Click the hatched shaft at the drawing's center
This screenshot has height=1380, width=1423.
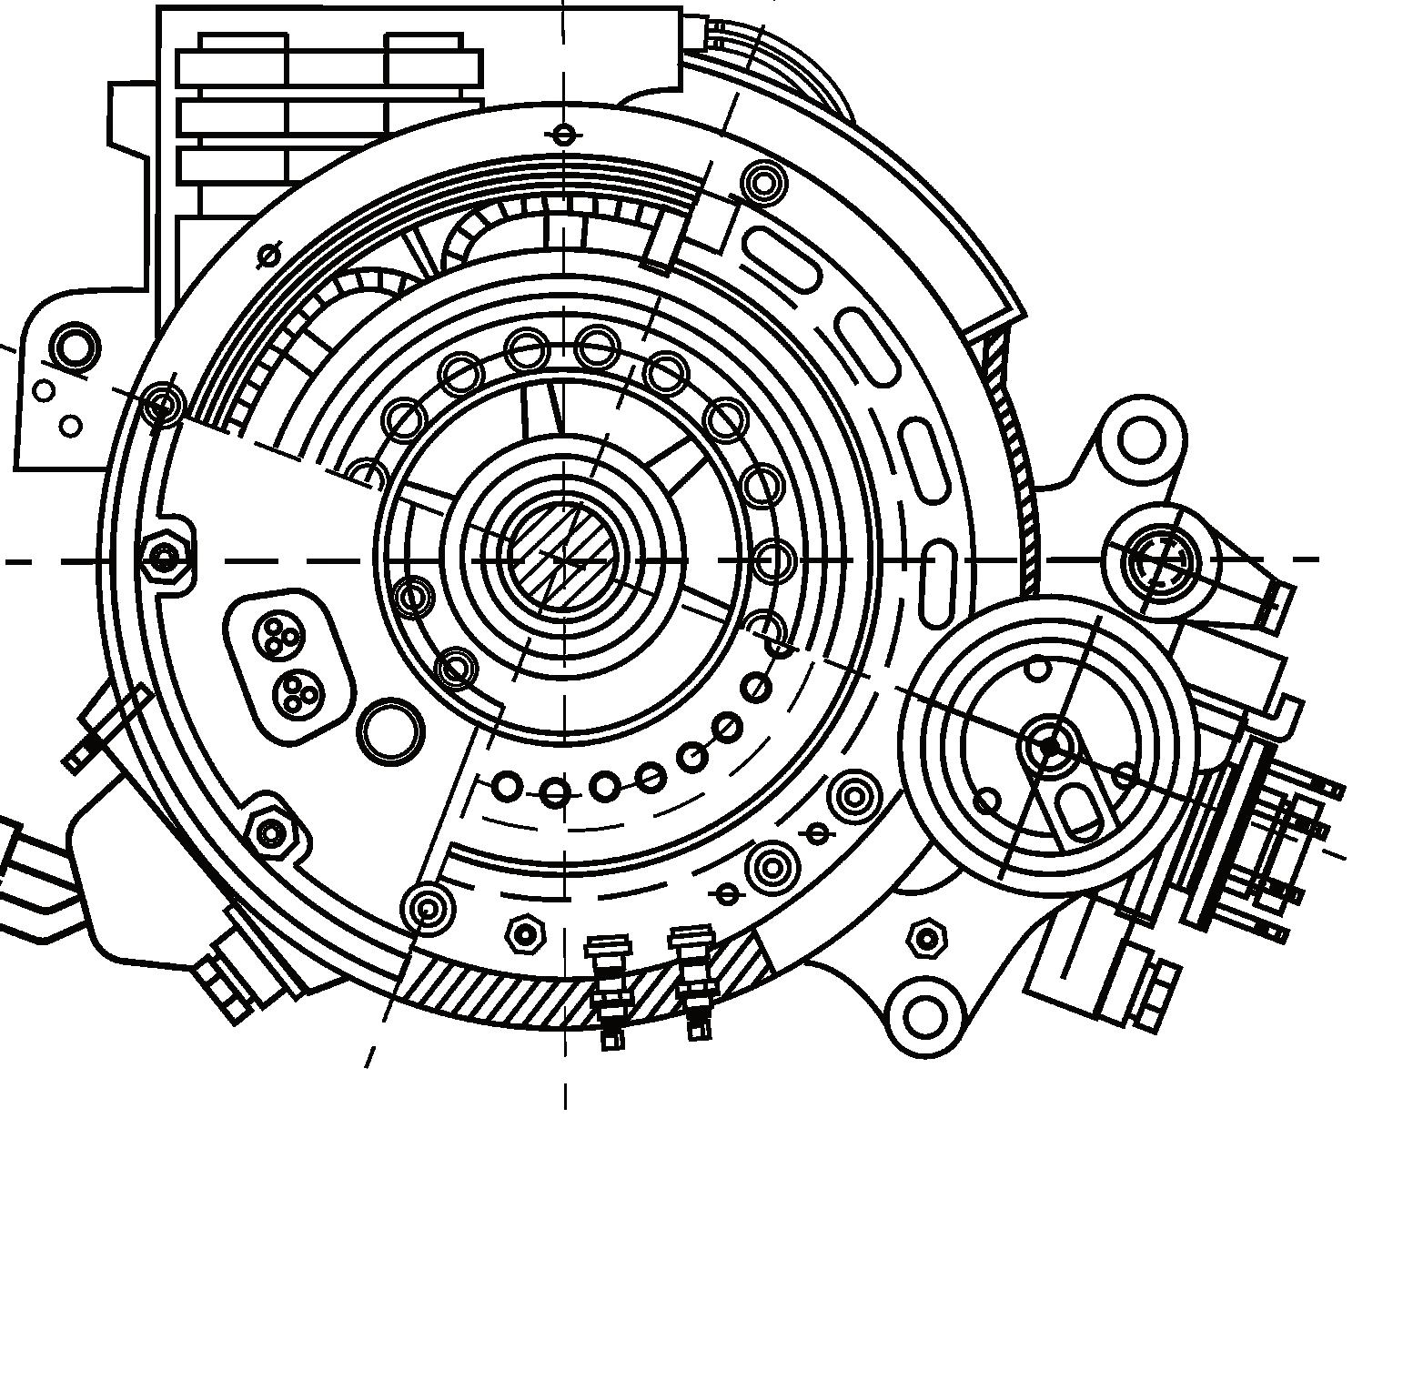click(x=561, y=557)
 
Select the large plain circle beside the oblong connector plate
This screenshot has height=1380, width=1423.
click(x=390, y=730)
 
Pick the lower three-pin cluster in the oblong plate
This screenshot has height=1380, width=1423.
click(x=296, y=695)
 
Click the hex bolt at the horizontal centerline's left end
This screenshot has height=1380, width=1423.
click(x=165, y=557)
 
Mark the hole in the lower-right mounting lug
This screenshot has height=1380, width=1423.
click(x=925, y=1014)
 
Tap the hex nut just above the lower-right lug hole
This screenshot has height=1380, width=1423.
click(x=926, y=938)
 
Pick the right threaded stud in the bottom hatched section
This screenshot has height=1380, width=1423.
click(x=693, y=982)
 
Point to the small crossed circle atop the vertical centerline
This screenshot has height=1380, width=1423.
click(x=564, y=136)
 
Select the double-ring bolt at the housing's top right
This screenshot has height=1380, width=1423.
click(x=763, y=183)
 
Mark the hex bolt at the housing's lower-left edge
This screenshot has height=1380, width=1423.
click(x=270, y=831)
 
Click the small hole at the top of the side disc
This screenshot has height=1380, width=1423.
click(x=1038, y=670)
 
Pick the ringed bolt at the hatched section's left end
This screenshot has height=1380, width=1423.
click(x=426, y=907)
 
